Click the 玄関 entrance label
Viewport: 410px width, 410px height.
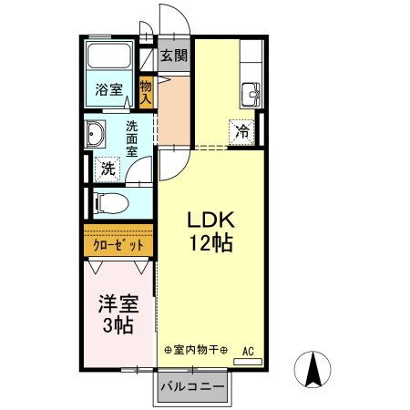coord(175,56)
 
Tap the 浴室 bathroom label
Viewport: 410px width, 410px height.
coord(108,89)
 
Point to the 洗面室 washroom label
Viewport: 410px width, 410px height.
coord(132,138)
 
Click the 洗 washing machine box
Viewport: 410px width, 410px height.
coord(108,169)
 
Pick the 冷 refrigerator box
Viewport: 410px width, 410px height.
coord(241,129)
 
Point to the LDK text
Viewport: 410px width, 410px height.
coord(211,220)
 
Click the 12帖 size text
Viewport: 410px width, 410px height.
coord(211,243)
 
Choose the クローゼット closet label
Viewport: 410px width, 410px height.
coord(118,244)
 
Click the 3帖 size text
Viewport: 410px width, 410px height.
coord(118,326)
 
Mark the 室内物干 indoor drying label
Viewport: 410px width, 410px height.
coord(195,350)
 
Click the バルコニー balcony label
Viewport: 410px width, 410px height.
coord(192,387)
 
